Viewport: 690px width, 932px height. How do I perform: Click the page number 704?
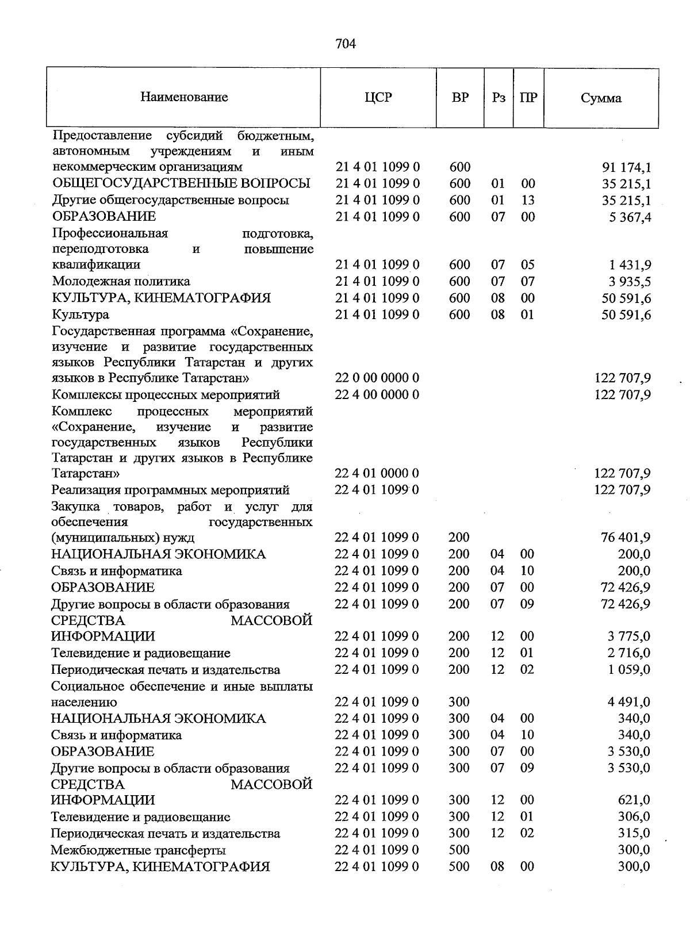coord(346,44)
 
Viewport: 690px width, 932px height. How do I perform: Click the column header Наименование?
coord(184,97)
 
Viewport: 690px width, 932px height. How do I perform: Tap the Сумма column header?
coord(601,98)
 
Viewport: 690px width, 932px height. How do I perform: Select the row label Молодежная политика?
coord(121,282)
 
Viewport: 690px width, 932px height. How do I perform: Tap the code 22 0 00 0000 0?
coord(377,378)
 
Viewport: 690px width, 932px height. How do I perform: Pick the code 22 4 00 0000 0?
coord(377,395)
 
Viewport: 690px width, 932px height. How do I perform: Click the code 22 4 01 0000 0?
coord(377,474)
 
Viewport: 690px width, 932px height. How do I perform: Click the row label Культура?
coord(80,315)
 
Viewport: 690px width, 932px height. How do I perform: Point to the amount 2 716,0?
coord(629,653)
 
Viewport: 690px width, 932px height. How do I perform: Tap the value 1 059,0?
coord(629,670)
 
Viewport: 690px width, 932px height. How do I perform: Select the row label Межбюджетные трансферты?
coord(138,850)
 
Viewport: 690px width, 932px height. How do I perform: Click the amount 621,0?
coord(634,800)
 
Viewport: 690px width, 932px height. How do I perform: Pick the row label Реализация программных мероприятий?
coord(170,490)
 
